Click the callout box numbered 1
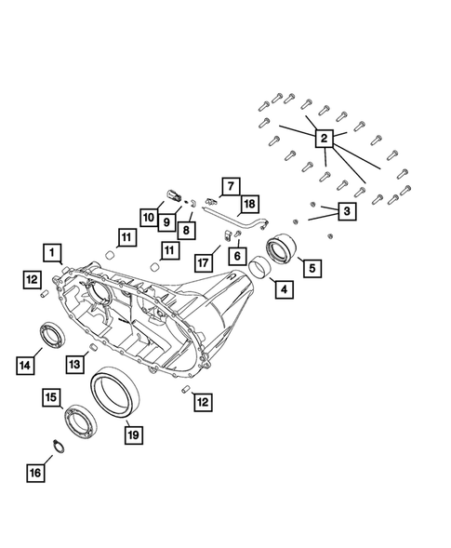pos(51,251)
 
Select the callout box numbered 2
pos(325,139)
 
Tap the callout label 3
pos(346,213)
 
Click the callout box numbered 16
pos(34,473)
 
